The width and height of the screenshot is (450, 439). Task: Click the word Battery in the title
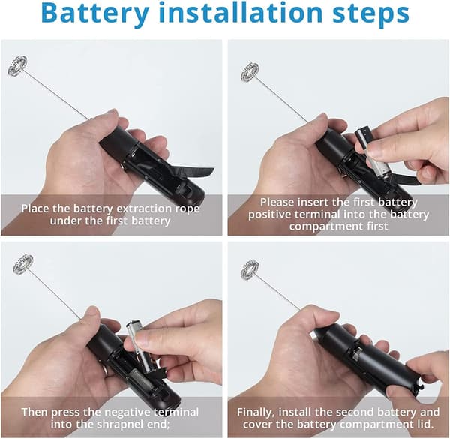click(95, 13)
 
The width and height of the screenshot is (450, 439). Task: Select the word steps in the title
click(370, 14)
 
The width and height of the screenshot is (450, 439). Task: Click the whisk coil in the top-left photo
click(17, 65)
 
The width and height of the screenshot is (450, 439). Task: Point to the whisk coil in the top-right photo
click(250, 72)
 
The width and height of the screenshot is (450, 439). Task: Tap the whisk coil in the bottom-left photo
click(22, 263)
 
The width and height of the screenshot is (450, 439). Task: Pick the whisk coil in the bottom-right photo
click(250, 270)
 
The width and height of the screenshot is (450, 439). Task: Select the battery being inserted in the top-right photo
click(373, 153)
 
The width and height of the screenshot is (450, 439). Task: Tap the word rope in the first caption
click(187, 209)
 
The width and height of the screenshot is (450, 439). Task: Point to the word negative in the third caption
click(128, 413)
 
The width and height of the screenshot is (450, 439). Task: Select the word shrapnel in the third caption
click(118, 424)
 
